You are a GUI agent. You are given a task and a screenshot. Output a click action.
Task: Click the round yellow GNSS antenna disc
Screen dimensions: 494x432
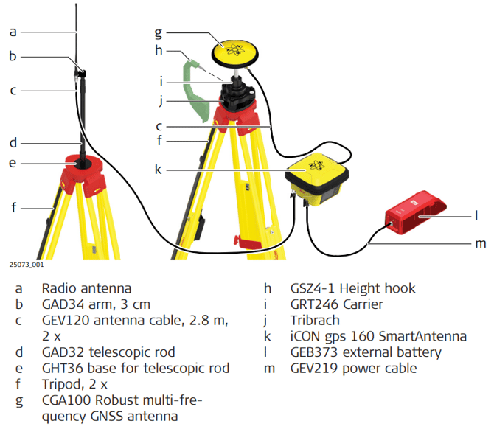click(x=234, y=53)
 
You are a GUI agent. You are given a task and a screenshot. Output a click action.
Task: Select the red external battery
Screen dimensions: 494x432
click(x=415, y=213)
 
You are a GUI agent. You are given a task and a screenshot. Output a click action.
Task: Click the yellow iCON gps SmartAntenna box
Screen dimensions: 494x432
click(x=316, y=178)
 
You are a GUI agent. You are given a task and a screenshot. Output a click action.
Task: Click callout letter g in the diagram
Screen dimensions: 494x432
click(x=159, y=32)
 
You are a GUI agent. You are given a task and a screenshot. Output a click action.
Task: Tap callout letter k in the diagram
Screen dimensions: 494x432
click(x=159, y=170)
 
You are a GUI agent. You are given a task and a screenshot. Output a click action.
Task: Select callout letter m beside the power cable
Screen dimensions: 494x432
click(x=481, y=244)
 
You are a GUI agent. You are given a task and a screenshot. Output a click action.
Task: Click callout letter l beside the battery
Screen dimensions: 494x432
click(x=476, y=215)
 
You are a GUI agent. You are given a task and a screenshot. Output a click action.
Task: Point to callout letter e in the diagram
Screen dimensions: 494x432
click(x=13, y=163)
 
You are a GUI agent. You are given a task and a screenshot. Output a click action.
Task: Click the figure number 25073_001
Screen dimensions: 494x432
click(x=27, y=265)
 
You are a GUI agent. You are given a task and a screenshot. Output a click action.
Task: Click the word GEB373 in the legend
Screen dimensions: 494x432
click(x=314, y=352)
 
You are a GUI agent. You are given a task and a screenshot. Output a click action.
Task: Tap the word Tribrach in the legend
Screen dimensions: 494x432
click(x=315, y=321)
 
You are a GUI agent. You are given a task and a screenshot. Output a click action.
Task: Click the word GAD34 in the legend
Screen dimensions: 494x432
click(x=63, y=304)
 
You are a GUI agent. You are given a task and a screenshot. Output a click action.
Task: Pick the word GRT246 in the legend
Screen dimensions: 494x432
click(x=314, y=304)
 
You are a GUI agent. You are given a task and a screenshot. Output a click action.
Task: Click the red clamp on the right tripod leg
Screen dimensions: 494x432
click(x=247, y=242)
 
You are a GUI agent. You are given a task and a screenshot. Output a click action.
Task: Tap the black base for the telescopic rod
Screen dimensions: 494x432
click(x=83, y=164)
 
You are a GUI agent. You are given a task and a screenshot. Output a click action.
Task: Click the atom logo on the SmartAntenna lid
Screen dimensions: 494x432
click(x=316, y=165)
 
